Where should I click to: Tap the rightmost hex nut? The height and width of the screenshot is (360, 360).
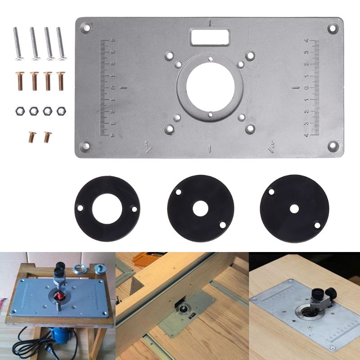coord(61,110)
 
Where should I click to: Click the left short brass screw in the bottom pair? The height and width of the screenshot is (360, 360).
coord(31,136)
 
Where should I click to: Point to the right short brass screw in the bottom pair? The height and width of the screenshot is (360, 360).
coord(46,136)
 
